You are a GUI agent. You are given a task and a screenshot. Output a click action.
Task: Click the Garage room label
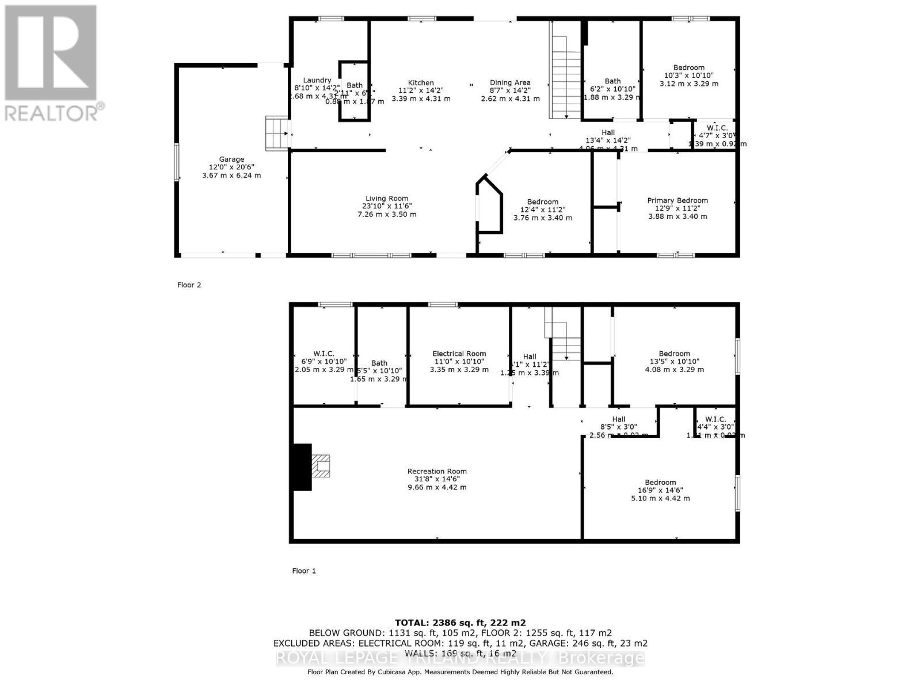[x=231, y=160]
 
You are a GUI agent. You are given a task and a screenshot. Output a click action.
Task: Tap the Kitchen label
[x=421, y=83]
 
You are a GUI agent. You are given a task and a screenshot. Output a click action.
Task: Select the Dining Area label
[x=510, y=83]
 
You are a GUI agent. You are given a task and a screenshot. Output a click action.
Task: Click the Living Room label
[x=386, y=199]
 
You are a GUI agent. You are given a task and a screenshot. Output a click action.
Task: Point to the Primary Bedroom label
[x=678, y=200]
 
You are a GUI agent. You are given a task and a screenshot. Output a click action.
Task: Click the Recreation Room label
[x=437, y=471]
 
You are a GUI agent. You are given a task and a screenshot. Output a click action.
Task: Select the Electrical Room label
[x=459, y=354]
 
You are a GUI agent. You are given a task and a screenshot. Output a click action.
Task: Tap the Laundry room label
[x=317, y=80]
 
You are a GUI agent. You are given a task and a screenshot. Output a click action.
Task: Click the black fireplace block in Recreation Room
[x=302, y=467]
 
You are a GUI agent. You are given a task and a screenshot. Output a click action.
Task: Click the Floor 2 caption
[x=189, y=285]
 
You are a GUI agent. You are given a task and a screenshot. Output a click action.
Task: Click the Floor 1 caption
[x=304, y=571]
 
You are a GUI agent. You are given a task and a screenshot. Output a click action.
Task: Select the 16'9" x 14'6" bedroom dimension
[x=660, y=491]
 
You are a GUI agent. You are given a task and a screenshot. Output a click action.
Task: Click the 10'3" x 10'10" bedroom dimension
[x=688, y=75]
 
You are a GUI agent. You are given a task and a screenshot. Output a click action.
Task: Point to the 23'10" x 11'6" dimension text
[x=386, y=206]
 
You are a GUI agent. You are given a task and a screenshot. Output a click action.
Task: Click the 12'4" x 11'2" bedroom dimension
[x=542, y=210]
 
